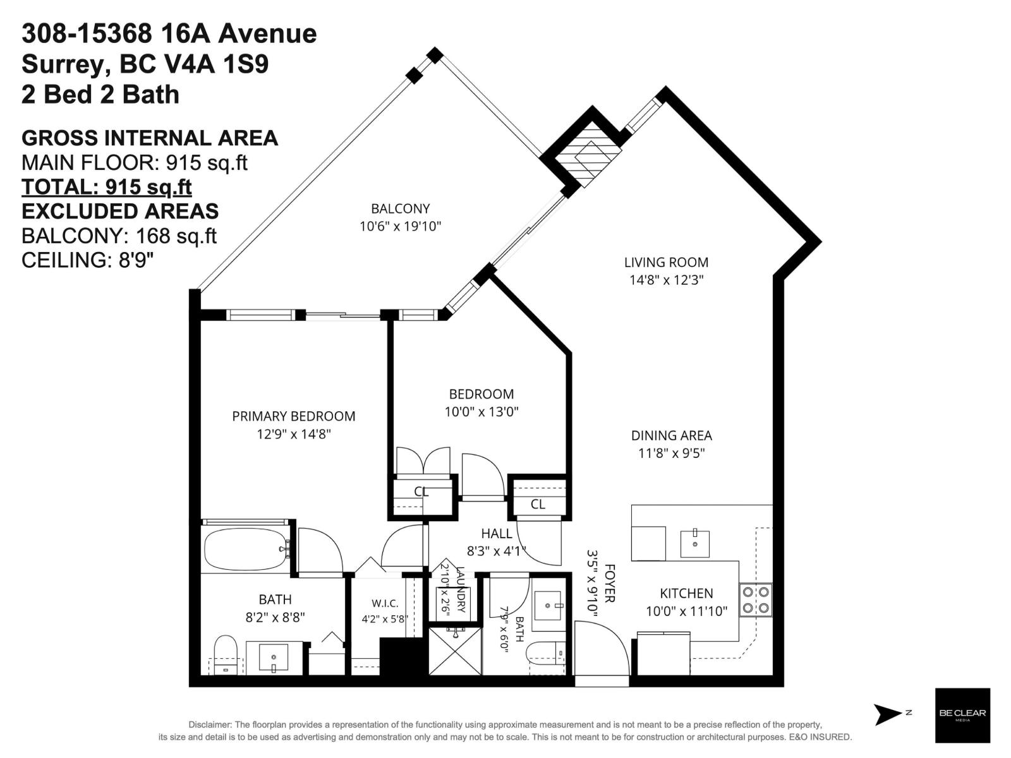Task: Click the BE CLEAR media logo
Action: point(962,715)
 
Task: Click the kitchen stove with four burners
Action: point(755,599)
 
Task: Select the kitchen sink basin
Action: point(695,543)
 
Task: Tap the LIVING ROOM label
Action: point(666,262)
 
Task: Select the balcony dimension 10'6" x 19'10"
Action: point(400,226)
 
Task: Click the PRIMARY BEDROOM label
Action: point(294,416)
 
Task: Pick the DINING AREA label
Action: point(672,435)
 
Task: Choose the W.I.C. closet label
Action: point(385,603)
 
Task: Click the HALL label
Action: point(497,533)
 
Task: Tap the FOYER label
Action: point(610,583)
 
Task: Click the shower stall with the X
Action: point(455,650)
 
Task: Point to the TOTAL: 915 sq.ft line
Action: point(107,187)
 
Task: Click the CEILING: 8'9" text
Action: point(87,260)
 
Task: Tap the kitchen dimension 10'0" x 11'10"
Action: point(686,611)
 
